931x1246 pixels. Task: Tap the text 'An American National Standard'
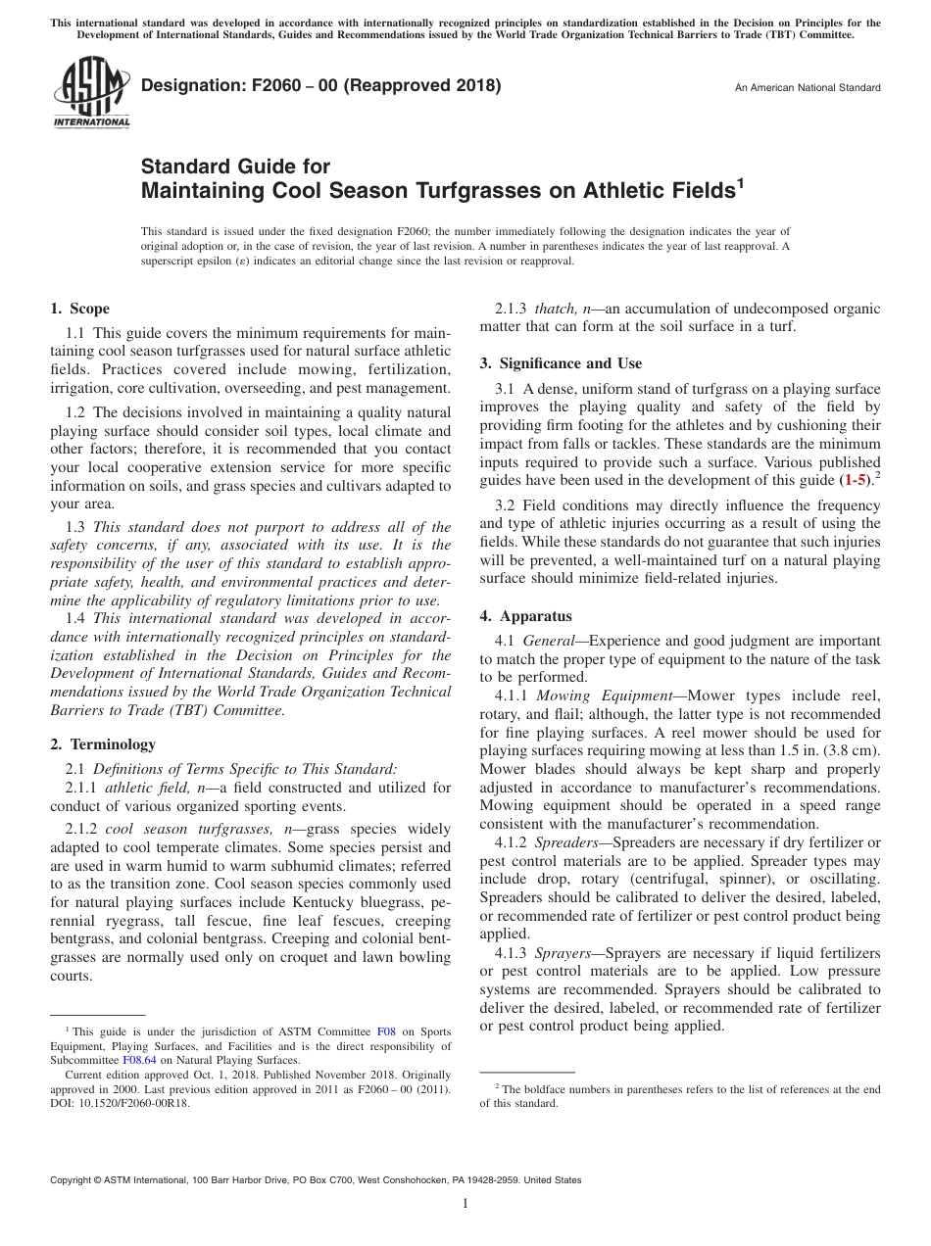click(808, 88)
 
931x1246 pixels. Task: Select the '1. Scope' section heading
click(80, 309)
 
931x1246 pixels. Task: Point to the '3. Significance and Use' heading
click(561, 363)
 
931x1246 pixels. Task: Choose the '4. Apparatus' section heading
click(525, 616)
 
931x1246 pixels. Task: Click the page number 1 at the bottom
click(465, 1204)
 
